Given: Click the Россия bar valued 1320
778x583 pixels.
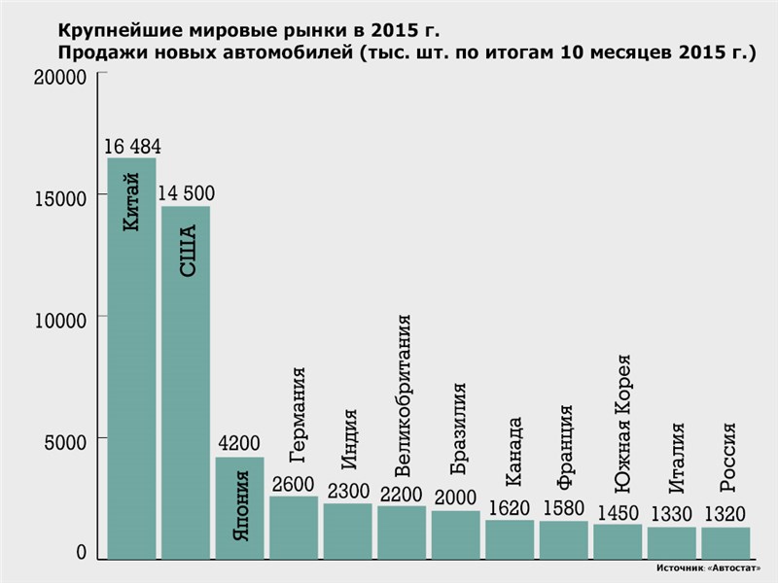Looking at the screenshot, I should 725,543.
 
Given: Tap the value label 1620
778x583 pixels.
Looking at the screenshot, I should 510,507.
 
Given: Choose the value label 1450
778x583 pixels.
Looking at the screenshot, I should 618,512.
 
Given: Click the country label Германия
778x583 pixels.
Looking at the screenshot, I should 299,414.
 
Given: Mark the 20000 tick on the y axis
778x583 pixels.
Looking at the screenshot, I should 60,78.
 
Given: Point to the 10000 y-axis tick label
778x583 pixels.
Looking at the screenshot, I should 60,320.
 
